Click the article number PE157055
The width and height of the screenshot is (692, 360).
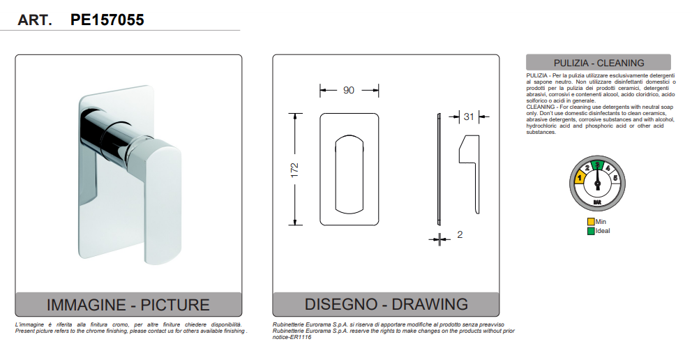(107, 20)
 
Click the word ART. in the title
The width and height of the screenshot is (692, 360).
(35, 20)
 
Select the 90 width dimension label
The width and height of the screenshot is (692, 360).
(349, 90)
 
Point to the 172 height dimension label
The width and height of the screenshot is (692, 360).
(294, 170)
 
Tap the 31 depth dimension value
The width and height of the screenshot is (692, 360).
(469, 117)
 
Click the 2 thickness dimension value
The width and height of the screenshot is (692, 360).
(460, 234)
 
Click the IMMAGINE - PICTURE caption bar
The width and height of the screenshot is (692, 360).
(128, 304)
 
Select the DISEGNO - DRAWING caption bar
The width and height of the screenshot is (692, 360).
(386, 304)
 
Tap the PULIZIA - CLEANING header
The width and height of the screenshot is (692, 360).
(599, 63)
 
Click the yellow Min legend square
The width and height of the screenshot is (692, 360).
(591, 222)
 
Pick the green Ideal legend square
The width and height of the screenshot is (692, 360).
(591, 231)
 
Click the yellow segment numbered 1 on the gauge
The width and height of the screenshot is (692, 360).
(580, 178)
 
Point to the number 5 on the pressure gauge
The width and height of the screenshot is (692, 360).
(615, 178)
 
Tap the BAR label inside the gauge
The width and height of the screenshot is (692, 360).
(597, 202)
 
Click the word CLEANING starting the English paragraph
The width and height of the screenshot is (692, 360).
(541, 107)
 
